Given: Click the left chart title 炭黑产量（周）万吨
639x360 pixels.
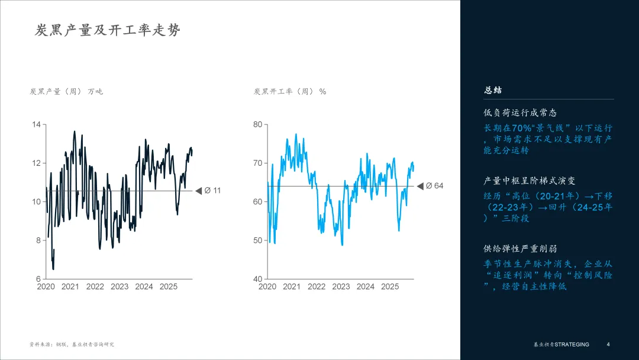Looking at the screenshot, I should tap(66, 91).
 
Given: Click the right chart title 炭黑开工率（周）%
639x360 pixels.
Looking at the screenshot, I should tap(290, 91).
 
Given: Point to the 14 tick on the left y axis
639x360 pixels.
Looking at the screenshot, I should tap(36, 124).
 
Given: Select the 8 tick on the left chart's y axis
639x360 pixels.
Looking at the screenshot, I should tap(38, 240).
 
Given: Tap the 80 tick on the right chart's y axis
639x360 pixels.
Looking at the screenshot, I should tap(257, 124).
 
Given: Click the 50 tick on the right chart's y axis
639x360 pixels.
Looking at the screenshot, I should tap(257, 240).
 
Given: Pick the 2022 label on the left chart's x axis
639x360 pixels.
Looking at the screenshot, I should tap(95, 287).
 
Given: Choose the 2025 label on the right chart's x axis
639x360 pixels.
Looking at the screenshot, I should tap(390, 287).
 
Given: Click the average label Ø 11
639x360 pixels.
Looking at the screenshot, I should tap(212, 191).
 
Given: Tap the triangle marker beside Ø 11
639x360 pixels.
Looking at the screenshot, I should tap(199, 191).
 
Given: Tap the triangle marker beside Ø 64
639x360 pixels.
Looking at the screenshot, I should tap(420, 186).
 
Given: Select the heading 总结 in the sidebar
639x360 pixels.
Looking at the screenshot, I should tap(493, 91).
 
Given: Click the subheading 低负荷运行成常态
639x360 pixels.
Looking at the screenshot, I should tap(520, 112).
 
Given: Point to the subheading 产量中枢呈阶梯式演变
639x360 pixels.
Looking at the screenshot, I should tap(529, 181).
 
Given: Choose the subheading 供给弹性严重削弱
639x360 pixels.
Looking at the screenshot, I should tap(520, 249).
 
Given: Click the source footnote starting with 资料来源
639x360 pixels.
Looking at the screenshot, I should tap(72, 344).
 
